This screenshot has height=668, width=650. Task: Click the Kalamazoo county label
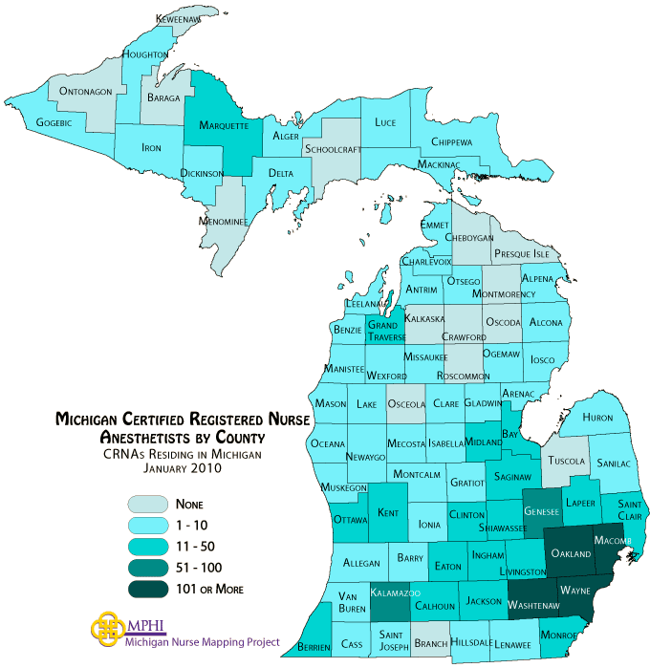398,594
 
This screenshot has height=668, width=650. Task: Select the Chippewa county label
451,142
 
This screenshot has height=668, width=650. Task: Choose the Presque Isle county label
521,255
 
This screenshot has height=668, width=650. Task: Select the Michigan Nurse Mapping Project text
203,642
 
